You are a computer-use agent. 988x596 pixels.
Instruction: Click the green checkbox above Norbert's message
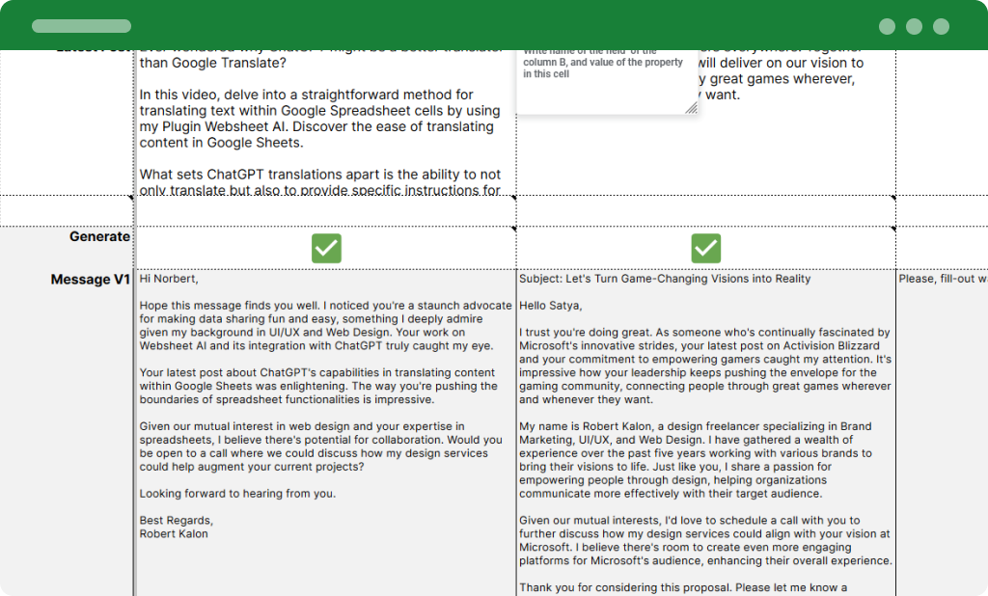pos(326,248)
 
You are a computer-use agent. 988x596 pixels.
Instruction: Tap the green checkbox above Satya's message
pos(706,248)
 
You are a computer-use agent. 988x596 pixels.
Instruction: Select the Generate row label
pos(99,236)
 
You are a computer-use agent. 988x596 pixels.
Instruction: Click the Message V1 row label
pos(91,280)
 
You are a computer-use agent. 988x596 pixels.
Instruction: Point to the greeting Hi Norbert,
pos(169,279)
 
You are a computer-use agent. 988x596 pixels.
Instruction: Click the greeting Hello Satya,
pos(551,306)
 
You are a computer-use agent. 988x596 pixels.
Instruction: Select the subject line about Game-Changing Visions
pos(665,279)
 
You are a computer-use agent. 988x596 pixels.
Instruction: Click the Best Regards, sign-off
pos(177,521)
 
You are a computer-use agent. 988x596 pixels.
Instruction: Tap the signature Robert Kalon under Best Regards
pos(174,533)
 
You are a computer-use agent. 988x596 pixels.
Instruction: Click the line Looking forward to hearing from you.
pos(237,494)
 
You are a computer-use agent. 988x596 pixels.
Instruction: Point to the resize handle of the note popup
pos(691,108)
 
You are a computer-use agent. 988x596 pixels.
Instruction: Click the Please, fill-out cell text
pos(942,279)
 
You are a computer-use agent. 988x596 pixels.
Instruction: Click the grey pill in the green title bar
pos(81,26)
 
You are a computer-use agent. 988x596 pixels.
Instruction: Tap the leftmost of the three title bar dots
pos(887,27)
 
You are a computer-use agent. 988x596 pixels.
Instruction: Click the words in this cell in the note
pos(547,74)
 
